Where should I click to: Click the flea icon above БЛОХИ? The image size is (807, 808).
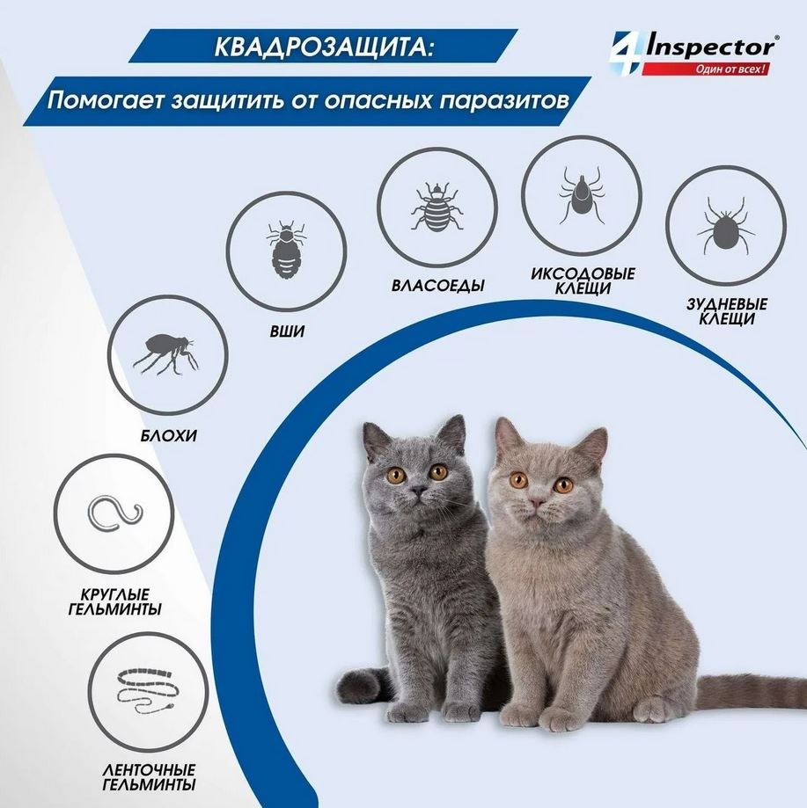[165, 353]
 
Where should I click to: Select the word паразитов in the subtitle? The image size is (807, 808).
[498, 99]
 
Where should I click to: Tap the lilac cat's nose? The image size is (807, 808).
[537, 503]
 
